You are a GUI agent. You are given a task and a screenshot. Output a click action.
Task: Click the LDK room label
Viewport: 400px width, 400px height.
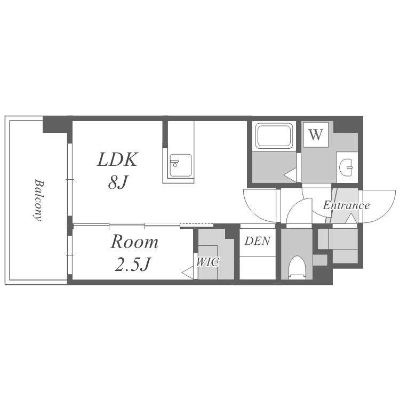pos(117,159)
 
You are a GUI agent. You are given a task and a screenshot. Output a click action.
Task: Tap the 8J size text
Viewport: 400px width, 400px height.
pos(118,182)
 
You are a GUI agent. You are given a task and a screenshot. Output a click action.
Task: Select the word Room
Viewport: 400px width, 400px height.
pos(134,241)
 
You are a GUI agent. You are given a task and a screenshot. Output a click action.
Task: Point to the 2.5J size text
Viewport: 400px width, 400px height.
pos(132,264)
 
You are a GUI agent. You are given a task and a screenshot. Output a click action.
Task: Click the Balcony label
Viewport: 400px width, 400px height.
pos(38,200)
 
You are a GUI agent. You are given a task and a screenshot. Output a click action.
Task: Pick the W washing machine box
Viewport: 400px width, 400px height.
pos(316,134)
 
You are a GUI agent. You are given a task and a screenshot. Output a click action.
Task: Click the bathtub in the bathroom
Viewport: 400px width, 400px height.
pos(274,135)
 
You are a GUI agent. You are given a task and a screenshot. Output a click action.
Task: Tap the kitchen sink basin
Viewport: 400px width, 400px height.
pos(181,165)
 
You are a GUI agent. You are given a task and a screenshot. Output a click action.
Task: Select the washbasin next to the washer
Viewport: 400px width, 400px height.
pos(346,167)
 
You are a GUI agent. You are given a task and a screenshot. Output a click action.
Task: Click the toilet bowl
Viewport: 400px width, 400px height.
pos(297,267)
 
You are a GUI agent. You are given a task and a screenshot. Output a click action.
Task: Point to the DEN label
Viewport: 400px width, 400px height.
pos(258,241)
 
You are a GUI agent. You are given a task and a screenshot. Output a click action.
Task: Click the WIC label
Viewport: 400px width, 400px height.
pos(208,262)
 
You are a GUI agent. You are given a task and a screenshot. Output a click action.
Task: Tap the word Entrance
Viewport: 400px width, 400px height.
pos(346,205)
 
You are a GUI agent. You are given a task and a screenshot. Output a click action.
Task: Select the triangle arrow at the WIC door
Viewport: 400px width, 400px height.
pos(188,273)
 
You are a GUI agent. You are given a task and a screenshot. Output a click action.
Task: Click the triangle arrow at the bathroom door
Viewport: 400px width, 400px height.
pos(290,175)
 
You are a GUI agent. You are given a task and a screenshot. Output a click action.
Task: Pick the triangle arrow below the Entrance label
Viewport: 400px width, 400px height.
pos(351,219)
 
